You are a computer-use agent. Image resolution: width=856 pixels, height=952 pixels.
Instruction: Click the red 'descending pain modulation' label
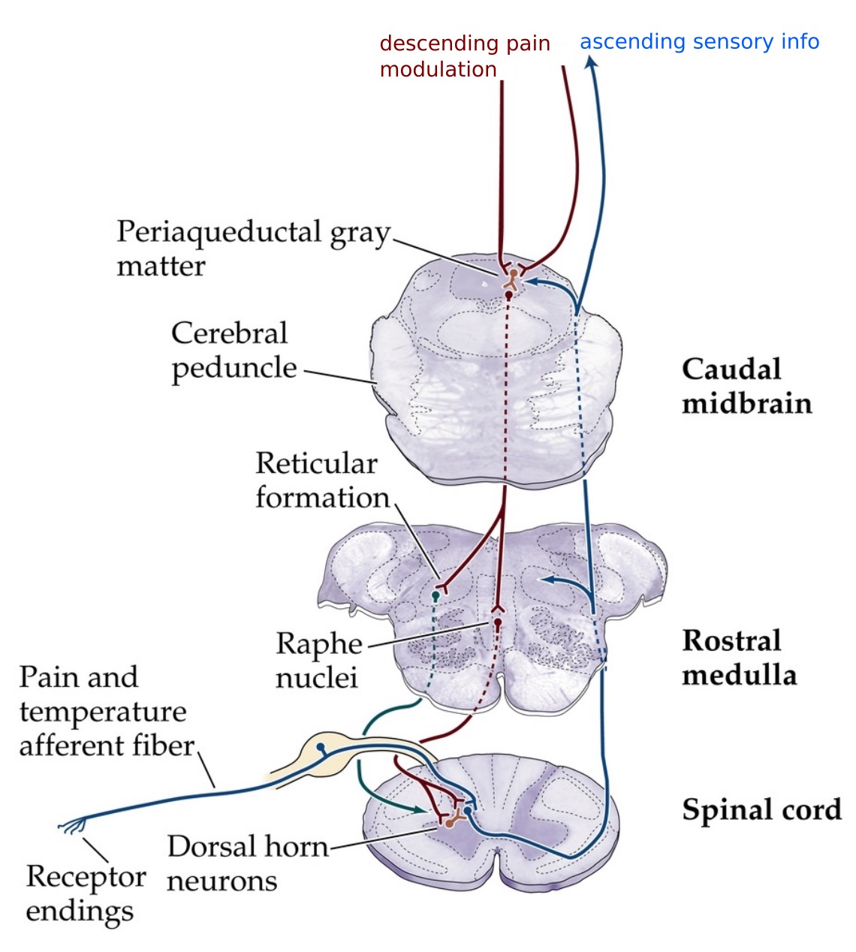click(x=464, y=56)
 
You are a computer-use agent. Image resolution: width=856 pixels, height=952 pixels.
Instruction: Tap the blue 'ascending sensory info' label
click(x=698, y=42)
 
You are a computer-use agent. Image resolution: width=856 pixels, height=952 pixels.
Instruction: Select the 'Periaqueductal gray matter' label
click(x=252, y=248)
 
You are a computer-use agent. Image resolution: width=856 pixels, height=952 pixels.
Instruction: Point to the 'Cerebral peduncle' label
click(x=233, y=351)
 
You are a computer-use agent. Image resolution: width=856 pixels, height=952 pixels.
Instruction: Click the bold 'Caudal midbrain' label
click(x=746, y=386)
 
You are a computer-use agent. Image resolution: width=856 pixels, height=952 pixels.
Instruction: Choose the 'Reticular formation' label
click(x=321, y=481)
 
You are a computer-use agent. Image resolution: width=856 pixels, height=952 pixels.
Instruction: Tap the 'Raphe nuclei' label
click(x=318, y=660)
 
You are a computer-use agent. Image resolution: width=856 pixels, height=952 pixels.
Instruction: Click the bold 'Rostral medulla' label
click(x=738, y=658)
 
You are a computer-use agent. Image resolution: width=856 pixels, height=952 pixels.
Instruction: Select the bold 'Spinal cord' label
click(x=761, y=810)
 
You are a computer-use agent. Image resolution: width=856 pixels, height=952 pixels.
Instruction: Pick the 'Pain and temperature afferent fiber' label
click(x=105, y=711)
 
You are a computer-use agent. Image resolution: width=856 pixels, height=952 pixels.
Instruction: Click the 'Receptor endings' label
click(x=85, y=893)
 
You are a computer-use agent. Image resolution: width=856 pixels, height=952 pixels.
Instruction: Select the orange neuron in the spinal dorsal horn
click(x=449, y=822)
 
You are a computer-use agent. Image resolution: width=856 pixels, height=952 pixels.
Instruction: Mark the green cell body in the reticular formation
click(x=436, y=595)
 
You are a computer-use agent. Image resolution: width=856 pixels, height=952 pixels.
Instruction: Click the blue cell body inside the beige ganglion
click(x=321, y=747)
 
